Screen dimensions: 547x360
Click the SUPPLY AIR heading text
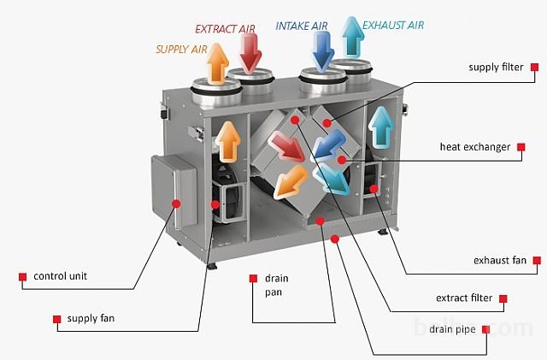tap(181, 50)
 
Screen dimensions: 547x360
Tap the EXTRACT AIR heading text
tap(225, 29)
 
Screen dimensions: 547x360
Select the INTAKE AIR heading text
tap(302, 26)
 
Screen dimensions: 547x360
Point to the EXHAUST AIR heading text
tap(393, 25)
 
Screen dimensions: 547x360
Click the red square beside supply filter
tap(534, 67)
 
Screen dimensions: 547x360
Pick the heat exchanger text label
tap(475, 147)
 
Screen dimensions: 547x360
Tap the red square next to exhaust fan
tap(537, 260)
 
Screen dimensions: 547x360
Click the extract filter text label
tap(464, 298)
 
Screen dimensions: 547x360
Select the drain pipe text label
tap(452, 329)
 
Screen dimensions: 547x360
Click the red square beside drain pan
tap(253, 278)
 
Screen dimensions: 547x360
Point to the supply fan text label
tap(91, 318)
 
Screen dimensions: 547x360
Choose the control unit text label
tap(60, 276)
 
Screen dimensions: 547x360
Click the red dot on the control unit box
tap(176, 204)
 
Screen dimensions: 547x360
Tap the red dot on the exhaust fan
tap(374, 189)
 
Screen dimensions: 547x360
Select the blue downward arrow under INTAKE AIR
tap(323, 50)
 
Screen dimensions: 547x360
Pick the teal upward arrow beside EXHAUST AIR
tap(353, 37)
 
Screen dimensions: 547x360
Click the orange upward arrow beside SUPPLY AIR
tap(218, 63)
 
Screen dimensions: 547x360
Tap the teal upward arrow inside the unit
tap(381, 127)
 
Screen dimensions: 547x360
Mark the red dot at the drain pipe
tap(335, 239)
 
